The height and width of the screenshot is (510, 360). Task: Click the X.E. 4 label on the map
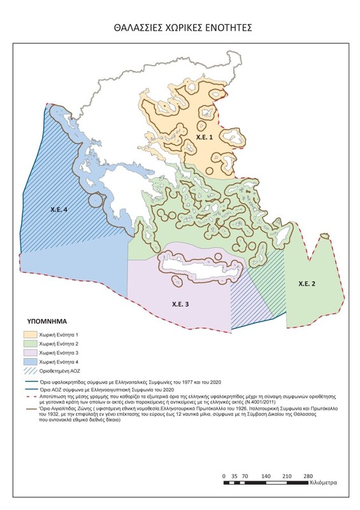tap(60, 208)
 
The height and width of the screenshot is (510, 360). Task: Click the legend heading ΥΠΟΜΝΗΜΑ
tap(48, 321)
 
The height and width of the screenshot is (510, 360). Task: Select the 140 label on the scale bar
tap(266, 476)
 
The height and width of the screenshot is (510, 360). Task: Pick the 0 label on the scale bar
tap(224, 476)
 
